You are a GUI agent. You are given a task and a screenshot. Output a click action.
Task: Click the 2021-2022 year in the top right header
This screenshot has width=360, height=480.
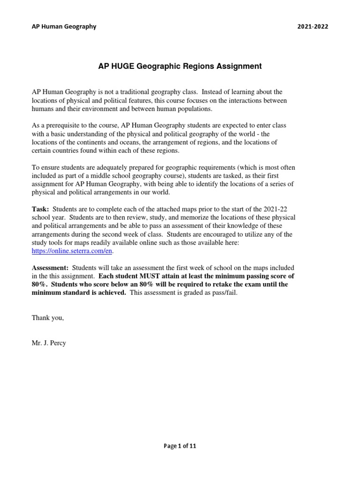tap(313, 26)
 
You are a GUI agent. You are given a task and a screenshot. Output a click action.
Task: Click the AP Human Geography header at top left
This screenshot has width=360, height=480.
tap(64, 26)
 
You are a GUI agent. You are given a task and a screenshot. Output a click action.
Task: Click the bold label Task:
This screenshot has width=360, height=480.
tap(40, 209)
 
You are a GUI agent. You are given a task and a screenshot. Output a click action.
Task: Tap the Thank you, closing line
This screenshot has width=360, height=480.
tap(47, 318)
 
